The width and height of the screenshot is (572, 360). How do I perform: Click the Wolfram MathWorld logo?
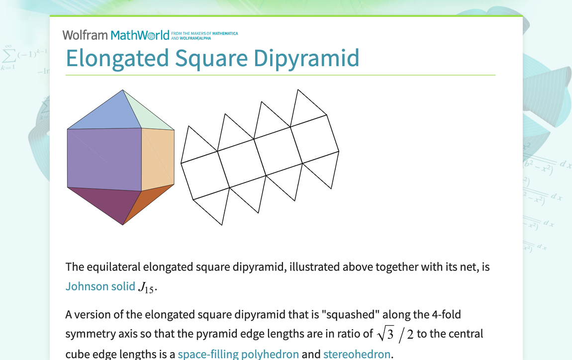click(116, 35)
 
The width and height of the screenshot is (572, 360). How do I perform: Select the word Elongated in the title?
click(117, 58)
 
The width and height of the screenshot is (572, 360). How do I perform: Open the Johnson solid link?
click(100, 286)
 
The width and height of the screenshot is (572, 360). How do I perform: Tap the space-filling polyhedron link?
click(238, 354)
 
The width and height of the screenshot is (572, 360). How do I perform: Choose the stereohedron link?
click(357, 354)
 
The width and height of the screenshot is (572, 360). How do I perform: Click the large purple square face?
click(104, 159)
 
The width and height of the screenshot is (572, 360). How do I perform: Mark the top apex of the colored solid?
click(123, 90)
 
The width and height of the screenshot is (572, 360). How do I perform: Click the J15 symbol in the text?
click(147, 287)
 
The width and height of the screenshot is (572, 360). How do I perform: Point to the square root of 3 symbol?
click(385, 334)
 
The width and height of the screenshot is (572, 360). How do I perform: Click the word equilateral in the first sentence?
click(112, 267)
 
